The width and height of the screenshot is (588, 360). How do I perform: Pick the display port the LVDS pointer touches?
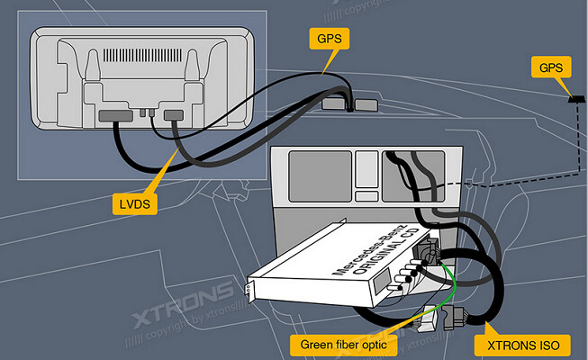click(174, 115)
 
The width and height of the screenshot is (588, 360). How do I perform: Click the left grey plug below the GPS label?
click(333, 105)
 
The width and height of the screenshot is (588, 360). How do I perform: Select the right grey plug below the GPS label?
click(365, 104)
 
